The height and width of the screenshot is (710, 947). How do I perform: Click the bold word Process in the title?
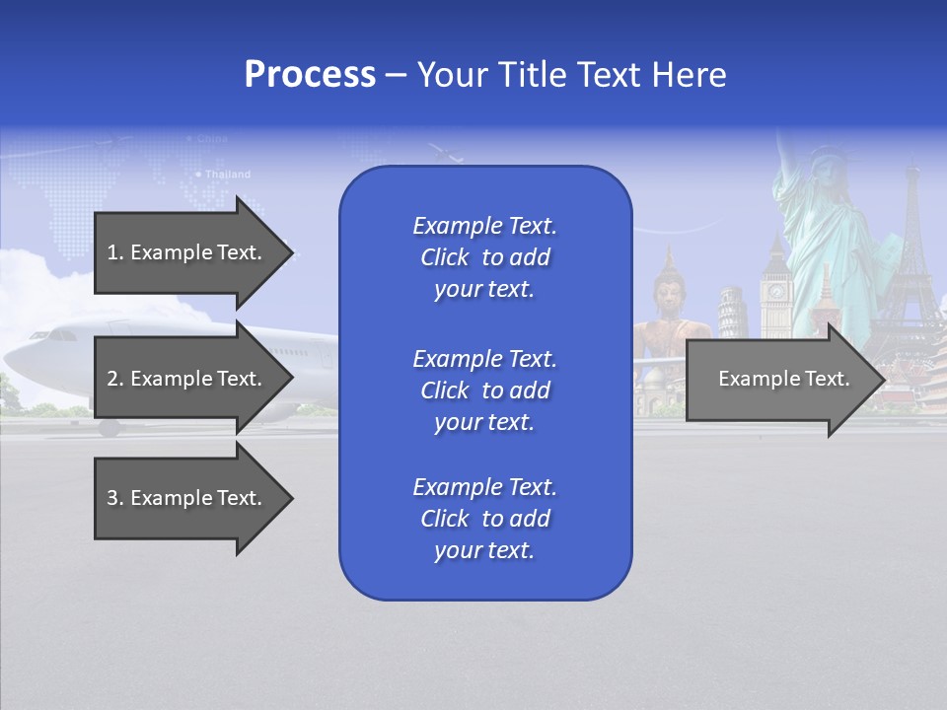[310, 75]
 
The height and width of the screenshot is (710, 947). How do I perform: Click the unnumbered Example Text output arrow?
[783, 379]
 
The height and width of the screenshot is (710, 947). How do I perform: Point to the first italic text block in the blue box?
[484, 257]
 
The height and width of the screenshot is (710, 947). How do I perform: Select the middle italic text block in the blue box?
[484, 390]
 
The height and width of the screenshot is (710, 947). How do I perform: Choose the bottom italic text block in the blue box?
[484, 519]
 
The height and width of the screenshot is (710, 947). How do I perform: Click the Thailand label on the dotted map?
[227, 175]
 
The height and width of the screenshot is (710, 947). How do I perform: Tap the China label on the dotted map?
[211, 139]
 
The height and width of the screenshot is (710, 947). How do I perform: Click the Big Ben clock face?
[775, 291]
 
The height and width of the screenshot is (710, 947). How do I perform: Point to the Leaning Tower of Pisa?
[730, 311]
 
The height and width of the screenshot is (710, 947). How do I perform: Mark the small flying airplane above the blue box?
[446, 153]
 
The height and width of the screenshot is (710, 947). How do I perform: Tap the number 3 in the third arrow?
[112, 498]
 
